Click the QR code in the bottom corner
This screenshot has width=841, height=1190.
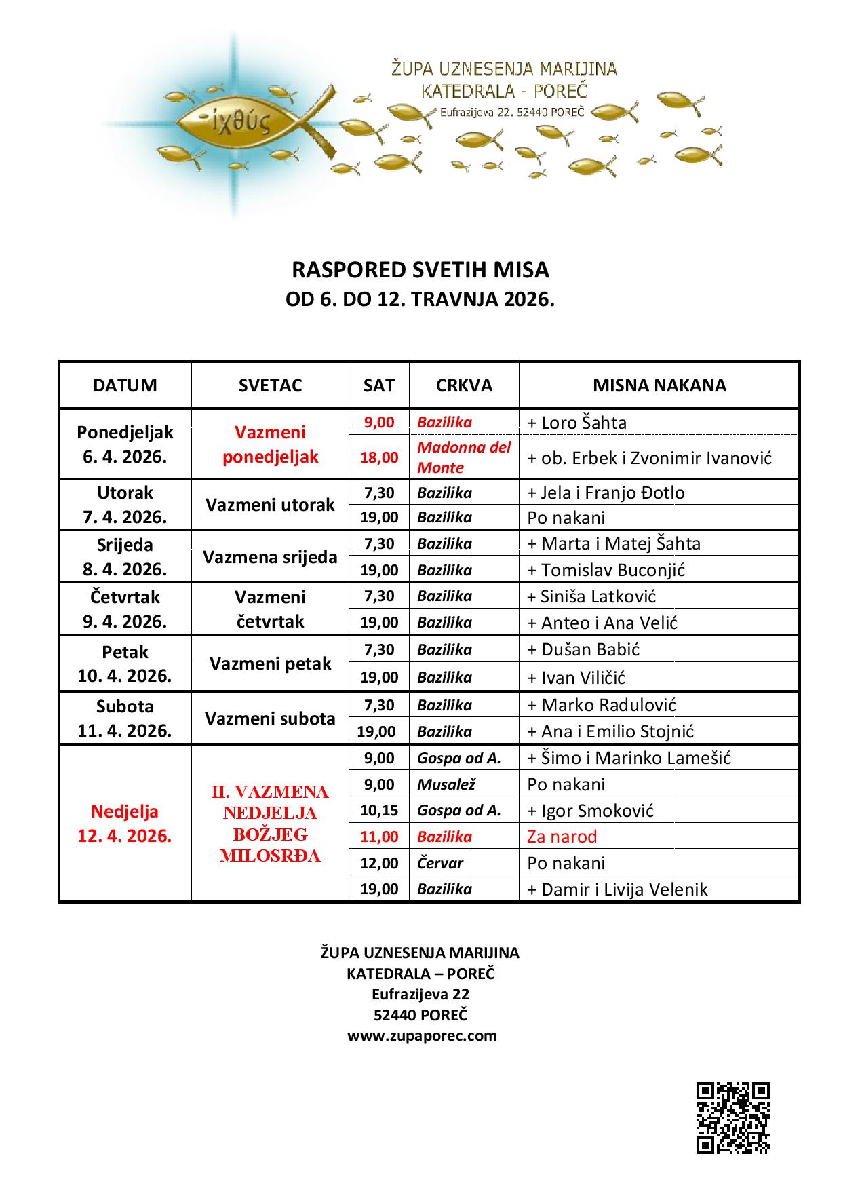[732, 1118]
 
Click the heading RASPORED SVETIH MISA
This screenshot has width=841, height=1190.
[420, 270]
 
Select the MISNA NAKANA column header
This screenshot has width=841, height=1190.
[659, 385]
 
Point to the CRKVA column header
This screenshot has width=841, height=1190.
[464, 385]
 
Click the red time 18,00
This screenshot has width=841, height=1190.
[379, 457]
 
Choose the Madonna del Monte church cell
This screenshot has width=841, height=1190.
[464, 457]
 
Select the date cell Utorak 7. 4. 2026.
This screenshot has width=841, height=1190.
[125, 505]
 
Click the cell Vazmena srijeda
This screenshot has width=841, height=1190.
[270, 557]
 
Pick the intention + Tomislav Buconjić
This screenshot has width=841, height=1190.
[606, 570]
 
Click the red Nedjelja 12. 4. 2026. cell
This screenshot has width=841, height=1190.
[125, 824]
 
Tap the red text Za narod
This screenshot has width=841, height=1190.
[562, 837]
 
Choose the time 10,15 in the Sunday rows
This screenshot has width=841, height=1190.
[379, 810]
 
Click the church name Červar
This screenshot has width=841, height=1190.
[440, 863]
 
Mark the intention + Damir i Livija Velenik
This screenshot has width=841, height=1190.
[617, 889]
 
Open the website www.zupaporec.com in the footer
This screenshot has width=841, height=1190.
[422, 1036]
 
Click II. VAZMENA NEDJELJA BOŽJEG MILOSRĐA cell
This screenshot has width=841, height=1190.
[270, 824]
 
